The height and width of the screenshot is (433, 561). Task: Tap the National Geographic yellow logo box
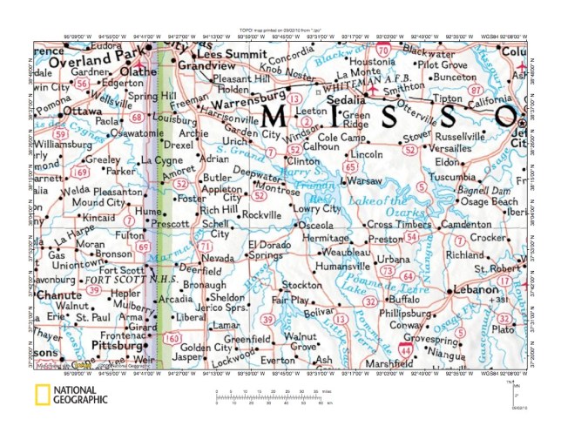pos(41,396)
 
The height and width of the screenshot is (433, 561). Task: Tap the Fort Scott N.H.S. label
pos(112,281)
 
